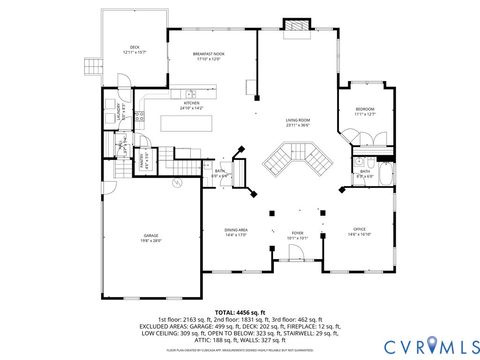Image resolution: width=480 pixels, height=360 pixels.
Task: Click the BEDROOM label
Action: click(364, 112)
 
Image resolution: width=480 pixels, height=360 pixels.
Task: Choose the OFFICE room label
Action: click(359, 231)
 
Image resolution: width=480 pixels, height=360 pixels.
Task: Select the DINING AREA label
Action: click(236, 231)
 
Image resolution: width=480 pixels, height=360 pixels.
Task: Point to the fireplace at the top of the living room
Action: click(297, 24)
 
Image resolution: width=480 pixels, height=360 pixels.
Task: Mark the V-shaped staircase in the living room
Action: click(291, 158)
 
